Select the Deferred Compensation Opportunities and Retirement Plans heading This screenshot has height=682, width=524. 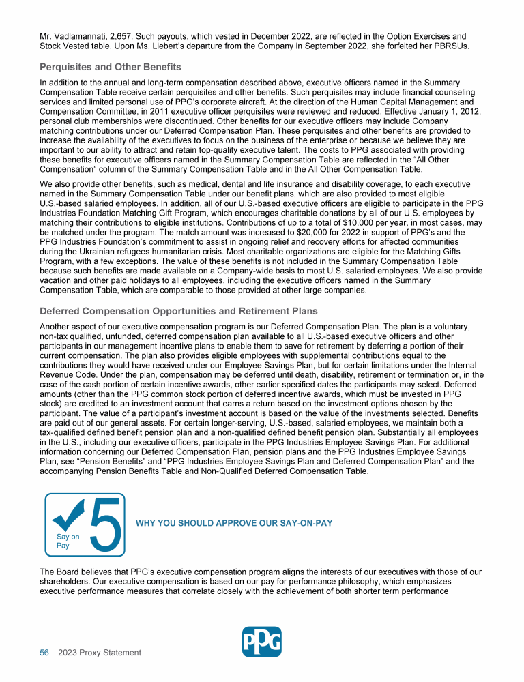coord(179,311)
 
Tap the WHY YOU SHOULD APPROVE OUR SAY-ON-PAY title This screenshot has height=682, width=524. coord(235,523)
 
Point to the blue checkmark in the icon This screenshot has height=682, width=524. coord(69,516)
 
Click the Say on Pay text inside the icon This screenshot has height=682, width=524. coord(68,541)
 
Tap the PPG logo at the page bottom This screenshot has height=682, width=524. coord(262,642)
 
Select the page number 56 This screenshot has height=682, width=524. coord(44,653)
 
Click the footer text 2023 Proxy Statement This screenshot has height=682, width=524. coord(100,653)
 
